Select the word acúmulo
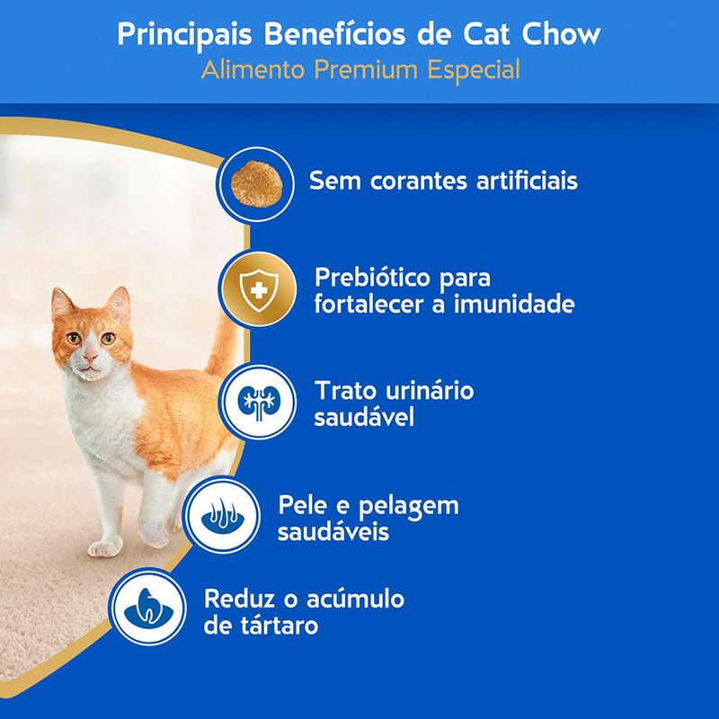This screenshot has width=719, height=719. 351,598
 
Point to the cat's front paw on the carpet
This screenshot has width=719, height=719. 104,546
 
